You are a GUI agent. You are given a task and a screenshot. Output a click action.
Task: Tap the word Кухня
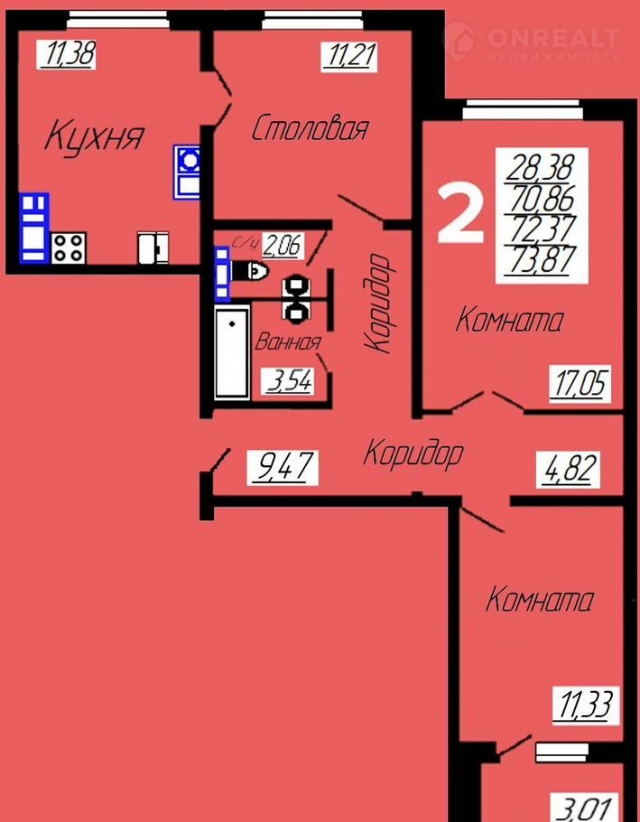[x=94, y=135]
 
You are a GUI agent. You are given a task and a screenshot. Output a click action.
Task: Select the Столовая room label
[x=310, y=128]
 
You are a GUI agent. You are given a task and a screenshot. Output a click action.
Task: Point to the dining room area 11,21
[x=349, y=57]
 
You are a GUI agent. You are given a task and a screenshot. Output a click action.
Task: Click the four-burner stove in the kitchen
[x=69, y=248]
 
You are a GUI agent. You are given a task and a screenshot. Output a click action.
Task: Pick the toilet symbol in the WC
[x=250, y=270]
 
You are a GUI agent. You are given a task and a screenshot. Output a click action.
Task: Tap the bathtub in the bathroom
[x=232, y=354]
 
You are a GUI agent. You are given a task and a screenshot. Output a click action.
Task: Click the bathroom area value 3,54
[x=290, y=381]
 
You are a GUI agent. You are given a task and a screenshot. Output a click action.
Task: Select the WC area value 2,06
[x=283, y=246]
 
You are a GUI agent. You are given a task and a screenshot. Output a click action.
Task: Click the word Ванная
[x=288, y=342]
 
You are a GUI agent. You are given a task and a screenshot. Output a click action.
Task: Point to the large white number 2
[x=459, y=213]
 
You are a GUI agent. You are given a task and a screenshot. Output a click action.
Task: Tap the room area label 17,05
[x=580, y=384]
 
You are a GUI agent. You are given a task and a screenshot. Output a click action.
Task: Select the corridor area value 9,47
[x=283, y=467]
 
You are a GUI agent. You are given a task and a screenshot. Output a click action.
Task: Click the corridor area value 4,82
[x=568, y=470]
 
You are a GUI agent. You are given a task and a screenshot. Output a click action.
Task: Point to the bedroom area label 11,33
[x=586, y=705]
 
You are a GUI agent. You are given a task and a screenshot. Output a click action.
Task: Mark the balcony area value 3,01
[x=584, y=808]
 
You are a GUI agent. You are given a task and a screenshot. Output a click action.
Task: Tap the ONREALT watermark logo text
[x=553, y=38]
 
